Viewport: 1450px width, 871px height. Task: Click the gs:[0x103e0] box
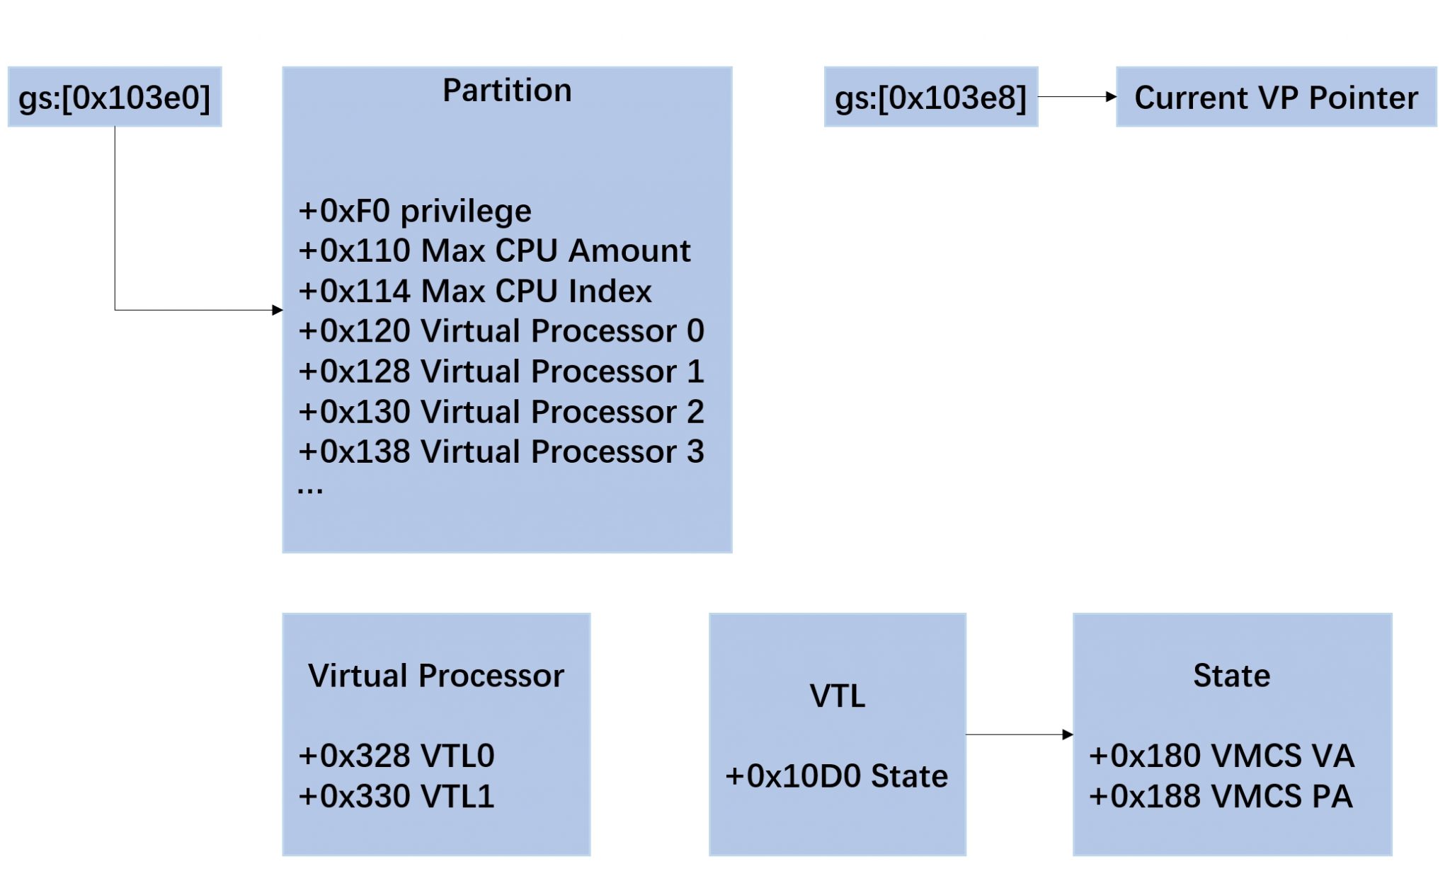[114, 97]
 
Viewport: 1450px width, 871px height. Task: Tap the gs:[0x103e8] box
[930, 97]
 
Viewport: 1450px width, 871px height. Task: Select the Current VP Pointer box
[1276, 97]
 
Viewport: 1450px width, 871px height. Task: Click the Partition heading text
[507, 90]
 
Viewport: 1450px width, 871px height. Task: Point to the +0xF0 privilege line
[414, 211]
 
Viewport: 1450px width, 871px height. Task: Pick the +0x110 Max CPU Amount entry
[493, 250]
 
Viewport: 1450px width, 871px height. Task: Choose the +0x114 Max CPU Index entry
[474, 291]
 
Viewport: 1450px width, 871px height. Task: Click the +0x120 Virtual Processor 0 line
[501, 330]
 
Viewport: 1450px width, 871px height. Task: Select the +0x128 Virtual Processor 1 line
[501, 371]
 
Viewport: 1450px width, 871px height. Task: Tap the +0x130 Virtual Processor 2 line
[501, 411]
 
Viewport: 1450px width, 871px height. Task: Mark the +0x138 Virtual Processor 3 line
[501, 451]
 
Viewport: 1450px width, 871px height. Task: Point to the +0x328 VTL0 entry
[396, 756]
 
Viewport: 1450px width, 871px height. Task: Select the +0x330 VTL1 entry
[396, 796]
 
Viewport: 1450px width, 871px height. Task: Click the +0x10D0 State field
[836, 776]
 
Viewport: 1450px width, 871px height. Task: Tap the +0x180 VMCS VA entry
[1221, 756]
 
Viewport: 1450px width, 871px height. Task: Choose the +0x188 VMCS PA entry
[1221, 796]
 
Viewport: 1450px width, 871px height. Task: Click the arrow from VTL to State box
[1020, 734]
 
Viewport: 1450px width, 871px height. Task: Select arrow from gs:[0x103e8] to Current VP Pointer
[1076, 97]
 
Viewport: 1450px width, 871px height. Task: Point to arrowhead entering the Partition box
[277, 310]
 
